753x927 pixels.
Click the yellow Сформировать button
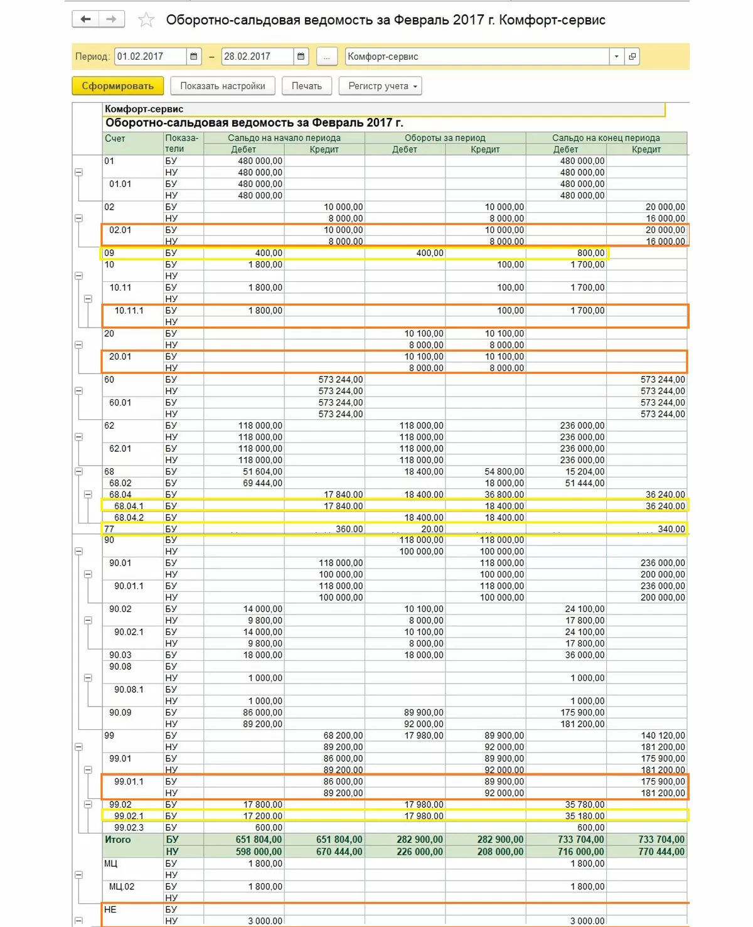(117, 86)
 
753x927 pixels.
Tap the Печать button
(306, 86)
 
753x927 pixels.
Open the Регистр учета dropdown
(380, 86)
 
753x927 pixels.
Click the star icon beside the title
(146, 20)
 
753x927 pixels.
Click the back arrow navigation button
(86, 19)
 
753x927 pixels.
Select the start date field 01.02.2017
(150, 56)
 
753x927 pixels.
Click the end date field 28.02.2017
(257, 56)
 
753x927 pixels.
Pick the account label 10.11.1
(129, 311)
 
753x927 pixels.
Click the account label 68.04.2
(129, 518)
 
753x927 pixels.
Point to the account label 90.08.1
(129, 690)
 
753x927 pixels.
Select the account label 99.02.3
(129, 828)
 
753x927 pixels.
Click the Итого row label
(118, 840)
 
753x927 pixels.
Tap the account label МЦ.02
(122, 887)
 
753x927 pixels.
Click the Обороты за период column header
(445, 138)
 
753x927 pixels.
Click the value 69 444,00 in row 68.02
(260, 483)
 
